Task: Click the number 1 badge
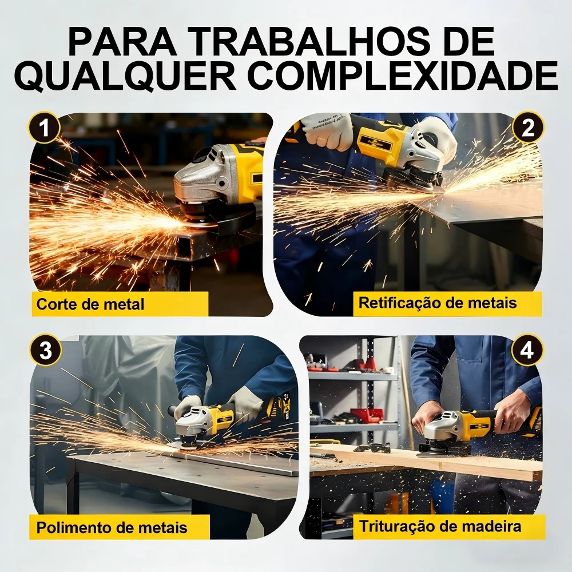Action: (x=44, y=128)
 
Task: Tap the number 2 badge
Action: (x=528, y=128)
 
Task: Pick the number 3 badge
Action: (x=45, y=350)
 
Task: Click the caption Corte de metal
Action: (x=90, y=304)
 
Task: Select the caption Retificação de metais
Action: (x=438, y=303)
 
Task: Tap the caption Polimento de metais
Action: (x=112, y=527)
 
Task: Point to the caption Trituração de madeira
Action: (x=440, y=526)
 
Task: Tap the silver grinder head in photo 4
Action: (x=442, y=427)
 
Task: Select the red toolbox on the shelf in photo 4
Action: (x=367, y=415)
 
